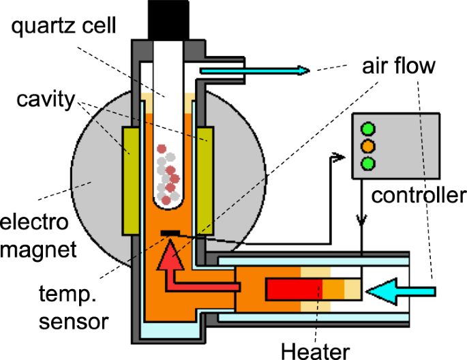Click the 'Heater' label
point(316,350)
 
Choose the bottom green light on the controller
point(368,163)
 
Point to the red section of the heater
point(293,290)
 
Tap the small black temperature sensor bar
point(171,235)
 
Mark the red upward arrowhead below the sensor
point(171,258)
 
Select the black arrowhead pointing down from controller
point(362,220)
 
